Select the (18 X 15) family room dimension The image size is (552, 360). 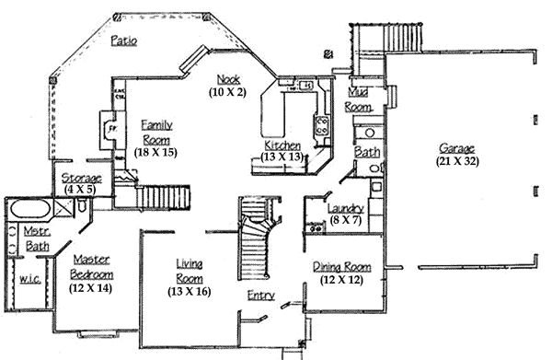click(155, 151)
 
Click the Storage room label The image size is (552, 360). click(81, 178)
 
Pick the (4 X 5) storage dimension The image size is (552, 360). click(81, 190)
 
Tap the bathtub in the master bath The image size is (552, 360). click(29, 209)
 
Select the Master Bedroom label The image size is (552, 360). click(92, 268)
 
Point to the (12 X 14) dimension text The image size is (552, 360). click(92, 287)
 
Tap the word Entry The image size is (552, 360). click(260, 296)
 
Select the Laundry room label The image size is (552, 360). click(346, 209)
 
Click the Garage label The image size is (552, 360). click(457, 148)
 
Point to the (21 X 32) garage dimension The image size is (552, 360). click(457, 161)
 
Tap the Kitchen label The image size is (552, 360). click(282, 145)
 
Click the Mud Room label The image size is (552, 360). click(359, 100)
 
